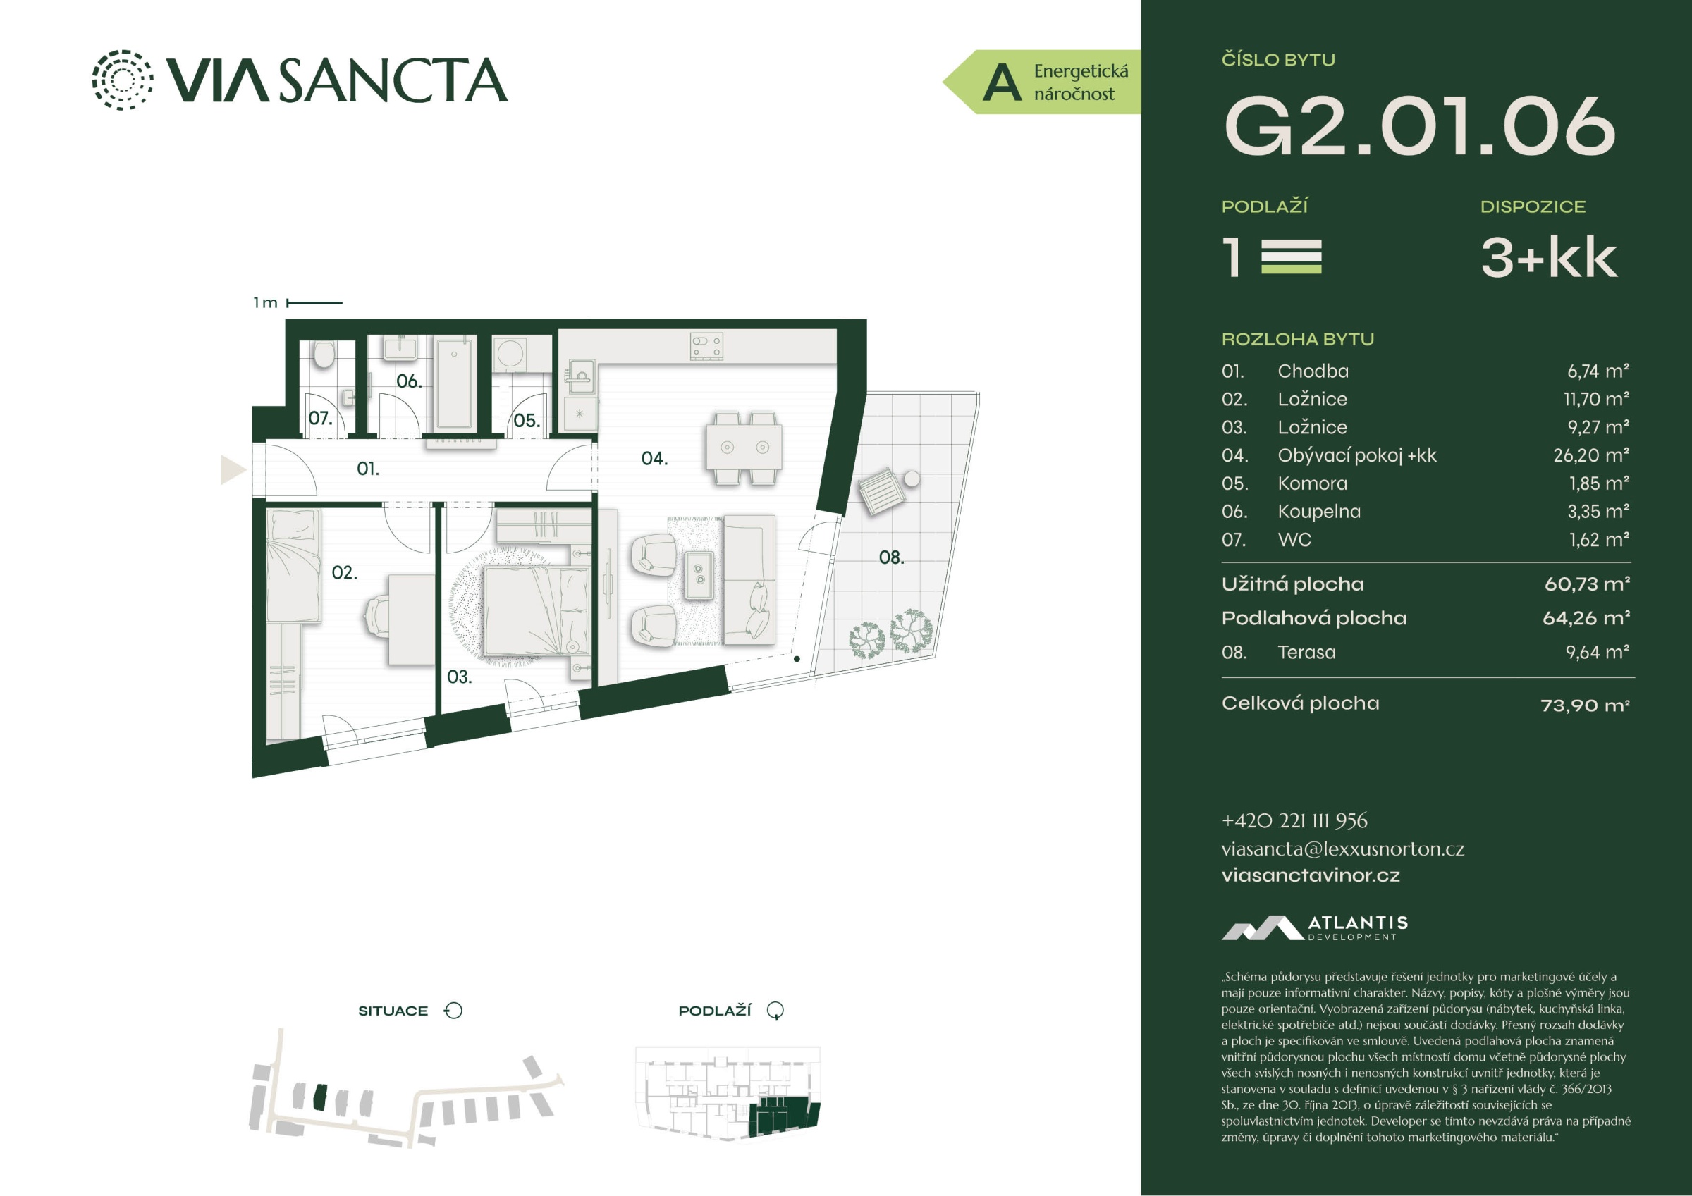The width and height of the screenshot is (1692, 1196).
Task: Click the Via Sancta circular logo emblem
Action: (x=123, y=80)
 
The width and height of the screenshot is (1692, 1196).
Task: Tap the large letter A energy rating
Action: (x=1003, y=82)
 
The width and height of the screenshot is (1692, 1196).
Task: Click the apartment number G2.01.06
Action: (x=1419, y=126)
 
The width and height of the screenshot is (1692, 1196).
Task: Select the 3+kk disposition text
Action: (x=1549, y=257)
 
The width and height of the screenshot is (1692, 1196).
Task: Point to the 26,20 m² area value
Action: (x=1591, y=455)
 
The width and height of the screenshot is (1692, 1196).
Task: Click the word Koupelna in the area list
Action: (x=1319, y=512)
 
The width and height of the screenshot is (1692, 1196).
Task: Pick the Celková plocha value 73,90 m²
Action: (x=1585, y=705)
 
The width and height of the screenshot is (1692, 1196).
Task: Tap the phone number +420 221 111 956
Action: (x=1294, y=820)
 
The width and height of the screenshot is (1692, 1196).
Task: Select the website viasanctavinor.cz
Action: (x=1311, y=875)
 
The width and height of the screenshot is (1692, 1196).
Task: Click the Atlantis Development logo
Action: (x=1315, y=927)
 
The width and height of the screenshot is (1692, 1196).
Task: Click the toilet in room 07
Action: (x=324, y=355)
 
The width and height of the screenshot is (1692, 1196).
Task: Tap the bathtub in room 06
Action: (x=454, y=383)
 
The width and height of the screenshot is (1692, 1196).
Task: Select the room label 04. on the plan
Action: (x=654, y=458)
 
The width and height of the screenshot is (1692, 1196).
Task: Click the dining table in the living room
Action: (x=744, y=447)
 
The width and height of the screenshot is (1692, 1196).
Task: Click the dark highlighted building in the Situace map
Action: (x=319, y=1097)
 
